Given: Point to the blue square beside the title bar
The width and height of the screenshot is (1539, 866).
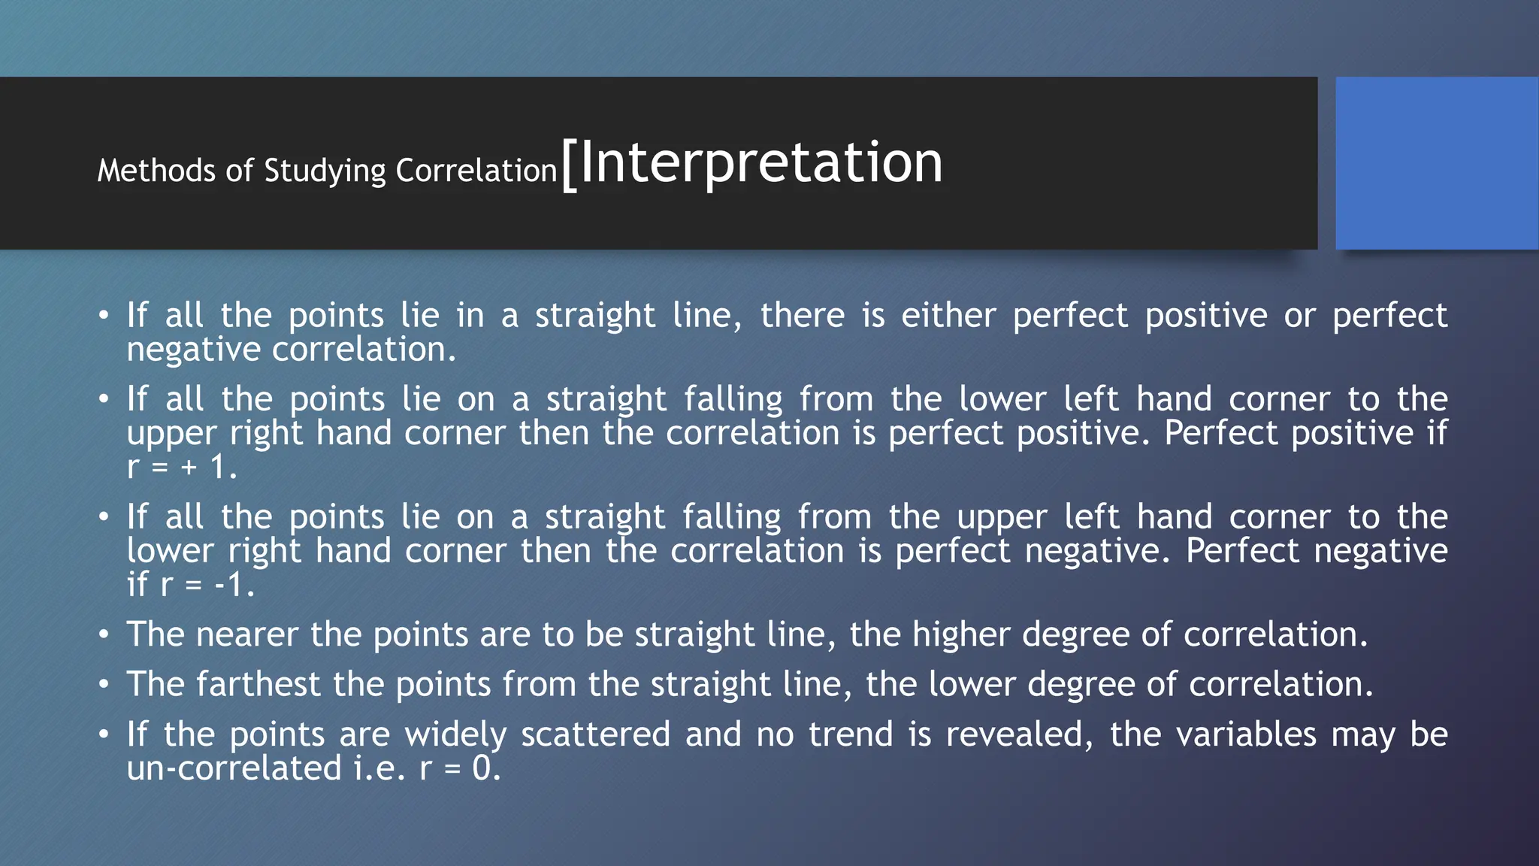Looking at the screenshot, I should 1437,163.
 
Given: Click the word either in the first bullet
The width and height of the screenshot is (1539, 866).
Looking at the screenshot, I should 948,315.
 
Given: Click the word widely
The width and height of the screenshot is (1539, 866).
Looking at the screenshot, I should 455,734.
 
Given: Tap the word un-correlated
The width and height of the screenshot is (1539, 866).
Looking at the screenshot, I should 234,768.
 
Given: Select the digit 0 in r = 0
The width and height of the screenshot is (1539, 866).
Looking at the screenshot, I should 482,768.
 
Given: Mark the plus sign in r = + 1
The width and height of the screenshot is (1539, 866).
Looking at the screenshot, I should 189,468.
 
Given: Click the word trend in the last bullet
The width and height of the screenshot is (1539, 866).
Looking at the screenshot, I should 851,734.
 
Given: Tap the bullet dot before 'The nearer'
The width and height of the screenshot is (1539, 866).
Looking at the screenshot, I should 104,635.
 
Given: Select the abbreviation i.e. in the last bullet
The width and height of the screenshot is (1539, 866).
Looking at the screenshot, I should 379,768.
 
